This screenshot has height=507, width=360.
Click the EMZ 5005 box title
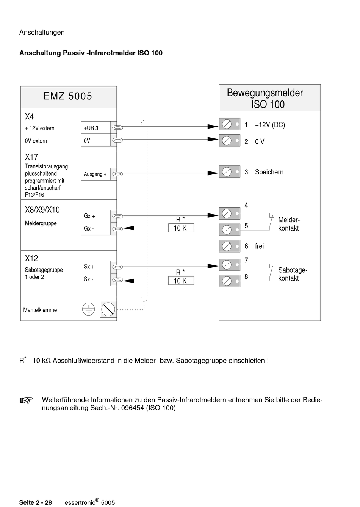(68, 96)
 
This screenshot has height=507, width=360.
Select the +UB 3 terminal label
(91, 128)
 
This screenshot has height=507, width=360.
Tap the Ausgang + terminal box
(95, 174)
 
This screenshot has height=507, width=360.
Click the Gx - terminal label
(89, 229)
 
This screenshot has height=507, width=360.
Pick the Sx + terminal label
(89, 267)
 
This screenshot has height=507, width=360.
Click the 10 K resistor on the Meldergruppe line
(181, 228)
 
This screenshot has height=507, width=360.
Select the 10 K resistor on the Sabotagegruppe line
(181, 281)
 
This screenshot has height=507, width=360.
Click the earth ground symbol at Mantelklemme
(88, 309)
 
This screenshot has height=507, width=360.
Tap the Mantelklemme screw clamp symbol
(108, 309)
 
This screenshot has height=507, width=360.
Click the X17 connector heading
(31, 157)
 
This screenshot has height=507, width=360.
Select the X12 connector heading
(31, 259)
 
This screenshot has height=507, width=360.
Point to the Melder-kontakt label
(289, 224)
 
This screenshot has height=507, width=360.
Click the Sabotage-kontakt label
(292, 274)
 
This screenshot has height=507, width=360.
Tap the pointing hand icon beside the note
(27, 400)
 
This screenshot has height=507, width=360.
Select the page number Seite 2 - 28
(36, 502)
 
